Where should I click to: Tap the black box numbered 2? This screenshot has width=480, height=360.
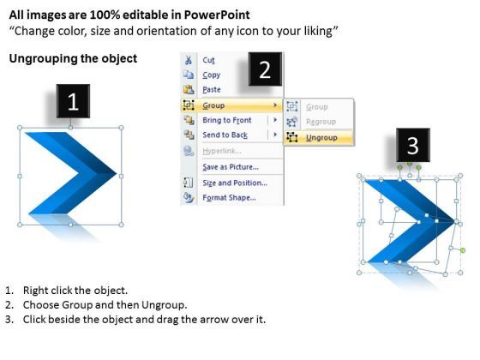click(x=265, y=69)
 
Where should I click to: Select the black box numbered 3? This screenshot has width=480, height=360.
click(x=412, y=143)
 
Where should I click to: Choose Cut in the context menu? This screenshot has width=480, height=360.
click(x=209, y=60)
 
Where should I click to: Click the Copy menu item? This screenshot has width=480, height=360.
click(x=211, y=75)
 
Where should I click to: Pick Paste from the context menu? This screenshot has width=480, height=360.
click(x=212, y=89)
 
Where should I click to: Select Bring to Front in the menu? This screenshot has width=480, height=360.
click(x=227, y=120)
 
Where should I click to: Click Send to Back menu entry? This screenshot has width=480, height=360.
click(x=225, y=135)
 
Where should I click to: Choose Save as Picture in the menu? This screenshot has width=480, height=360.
click(x=229, y=166)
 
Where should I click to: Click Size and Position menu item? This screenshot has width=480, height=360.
click(x=234, y=182)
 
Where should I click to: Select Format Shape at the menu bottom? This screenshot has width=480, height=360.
click(x=229, y=197)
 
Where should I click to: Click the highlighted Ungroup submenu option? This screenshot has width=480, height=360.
click(x=321, y=137)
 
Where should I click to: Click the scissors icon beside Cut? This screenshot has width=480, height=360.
click(x=189, y=60)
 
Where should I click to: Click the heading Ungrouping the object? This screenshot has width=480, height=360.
click(x=72, y=58)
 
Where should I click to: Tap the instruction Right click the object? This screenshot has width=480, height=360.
click(x=75, y=290)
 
